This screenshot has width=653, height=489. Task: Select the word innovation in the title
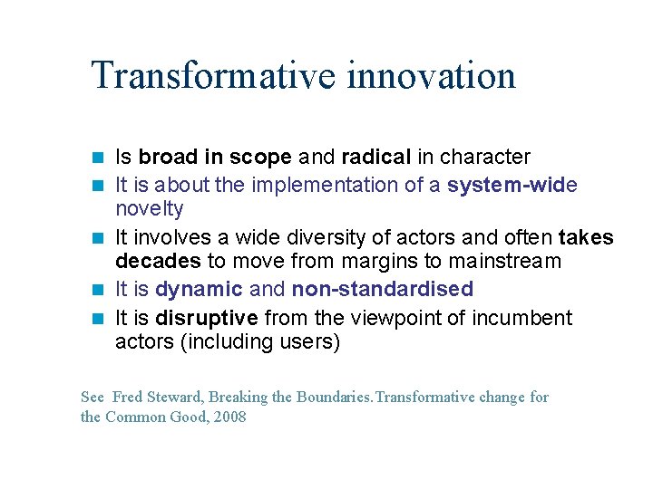click(x=431, y=75)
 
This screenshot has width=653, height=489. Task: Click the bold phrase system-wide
click(x=512, y=185)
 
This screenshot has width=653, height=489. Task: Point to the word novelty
click(x=149, y=209)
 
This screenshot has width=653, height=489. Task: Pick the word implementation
click(x=324, y=185)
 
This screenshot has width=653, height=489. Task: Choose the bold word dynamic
click(x=199, y=290)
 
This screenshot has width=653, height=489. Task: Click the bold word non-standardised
click(x=382, y=290)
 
